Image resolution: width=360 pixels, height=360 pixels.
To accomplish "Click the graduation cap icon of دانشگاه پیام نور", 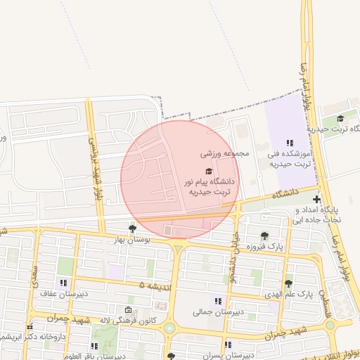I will coord(208,171).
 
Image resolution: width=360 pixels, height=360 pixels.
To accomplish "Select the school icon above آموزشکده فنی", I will coord(290,143).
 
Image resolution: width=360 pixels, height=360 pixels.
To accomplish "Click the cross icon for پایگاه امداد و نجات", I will coord(317,200).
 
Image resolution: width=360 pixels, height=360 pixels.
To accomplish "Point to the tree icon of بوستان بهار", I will coord(132,228).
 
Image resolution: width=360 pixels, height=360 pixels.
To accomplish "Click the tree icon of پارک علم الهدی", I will coord(288,283).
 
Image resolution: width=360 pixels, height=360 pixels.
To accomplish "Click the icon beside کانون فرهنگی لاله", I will coord(128,310).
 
